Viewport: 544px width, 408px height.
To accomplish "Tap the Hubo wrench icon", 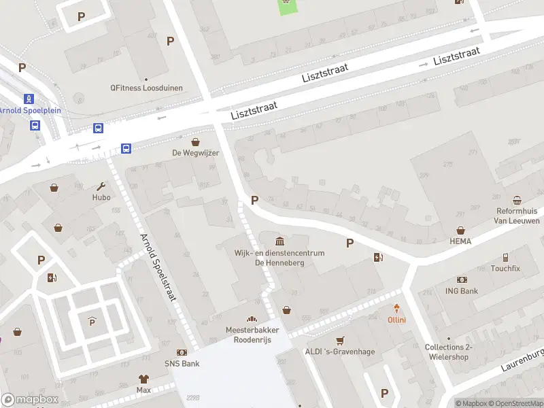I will point(101,186).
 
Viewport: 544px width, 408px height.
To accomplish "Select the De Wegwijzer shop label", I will point(195,153).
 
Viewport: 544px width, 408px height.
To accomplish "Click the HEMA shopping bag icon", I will point(460,231).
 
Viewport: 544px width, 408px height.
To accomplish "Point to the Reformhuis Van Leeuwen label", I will point(517,216).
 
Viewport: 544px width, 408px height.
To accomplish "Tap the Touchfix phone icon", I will point(505,258).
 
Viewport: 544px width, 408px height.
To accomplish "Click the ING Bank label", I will point(462,291).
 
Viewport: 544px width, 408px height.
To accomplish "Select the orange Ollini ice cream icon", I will point(396,309).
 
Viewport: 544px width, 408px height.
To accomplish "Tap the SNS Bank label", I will point(182,364).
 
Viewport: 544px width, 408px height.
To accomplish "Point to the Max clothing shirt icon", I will point(143,379).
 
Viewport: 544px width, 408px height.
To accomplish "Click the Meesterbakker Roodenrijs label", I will point(252,335).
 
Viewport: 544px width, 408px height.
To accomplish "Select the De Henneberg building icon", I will point(280,241).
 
